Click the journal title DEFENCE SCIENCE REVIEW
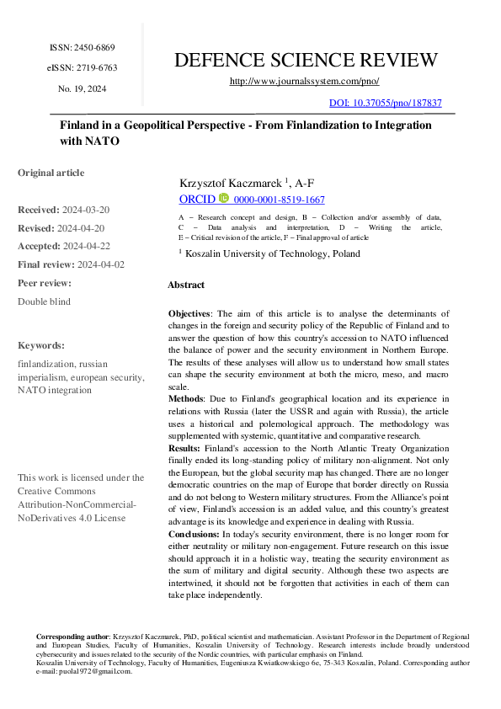[305, 60]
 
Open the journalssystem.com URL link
[305, 81]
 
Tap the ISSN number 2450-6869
[93, 47]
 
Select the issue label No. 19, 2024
[82, 88]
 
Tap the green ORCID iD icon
[223, 200]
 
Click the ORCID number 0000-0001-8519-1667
[280, 200]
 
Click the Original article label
[51, 173]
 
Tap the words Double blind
[44, 301]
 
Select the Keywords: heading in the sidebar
[41, 345]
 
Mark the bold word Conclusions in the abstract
[194, 534]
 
